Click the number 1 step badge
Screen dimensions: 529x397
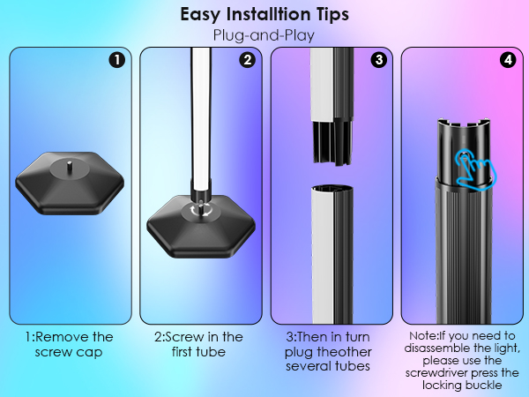point(117,60)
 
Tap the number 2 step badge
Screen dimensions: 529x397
point(248,60)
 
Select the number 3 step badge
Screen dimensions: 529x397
point(379,60)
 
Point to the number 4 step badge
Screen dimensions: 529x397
point(508,60)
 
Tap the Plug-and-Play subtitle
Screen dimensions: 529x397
point(264,35)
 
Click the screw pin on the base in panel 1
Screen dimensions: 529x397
point(69,167)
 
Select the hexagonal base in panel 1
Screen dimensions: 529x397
point(70,184)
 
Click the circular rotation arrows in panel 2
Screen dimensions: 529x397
point(201,210)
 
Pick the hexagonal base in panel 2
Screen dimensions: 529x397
point(201,227)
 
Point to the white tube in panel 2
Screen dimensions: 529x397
point(201,118)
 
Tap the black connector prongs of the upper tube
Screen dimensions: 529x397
point(332,142)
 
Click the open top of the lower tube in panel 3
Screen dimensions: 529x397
point(332,189)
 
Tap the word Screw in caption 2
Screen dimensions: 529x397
point(185,337)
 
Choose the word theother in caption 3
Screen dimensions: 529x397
point(342,352)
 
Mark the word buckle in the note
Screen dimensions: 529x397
point(483,386)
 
